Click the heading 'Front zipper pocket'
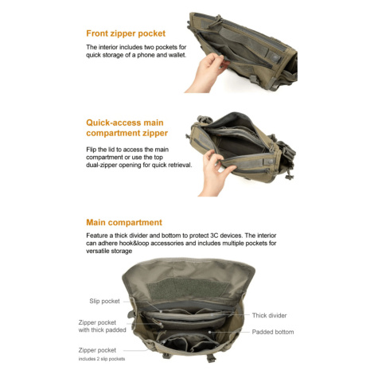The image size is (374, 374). (126, 33)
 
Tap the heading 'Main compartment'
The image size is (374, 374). (124, 222)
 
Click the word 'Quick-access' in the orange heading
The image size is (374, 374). (113, 123)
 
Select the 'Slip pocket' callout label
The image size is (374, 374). (104, 302)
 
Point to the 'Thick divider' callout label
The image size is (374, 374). (269, 315)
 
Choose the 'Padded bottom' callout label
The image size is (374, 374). (273, 332)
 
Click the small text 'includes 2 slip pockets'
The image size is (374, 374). (102, 359)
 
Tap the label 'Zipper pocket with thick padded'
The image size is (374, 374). (102, 326)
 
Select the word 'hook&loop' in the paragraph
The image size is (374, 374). (134, 243)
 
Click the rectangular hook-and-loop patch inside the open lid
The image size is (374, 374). (188, 289)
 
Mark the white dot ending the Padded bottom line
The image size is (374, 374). (209, 332)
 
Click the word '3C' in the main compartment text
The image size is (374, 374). (214, 236)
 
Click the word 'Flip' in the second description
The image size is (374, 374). (92, 150)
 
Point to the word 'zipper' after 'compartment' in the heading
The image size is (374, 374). (155, 133)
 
